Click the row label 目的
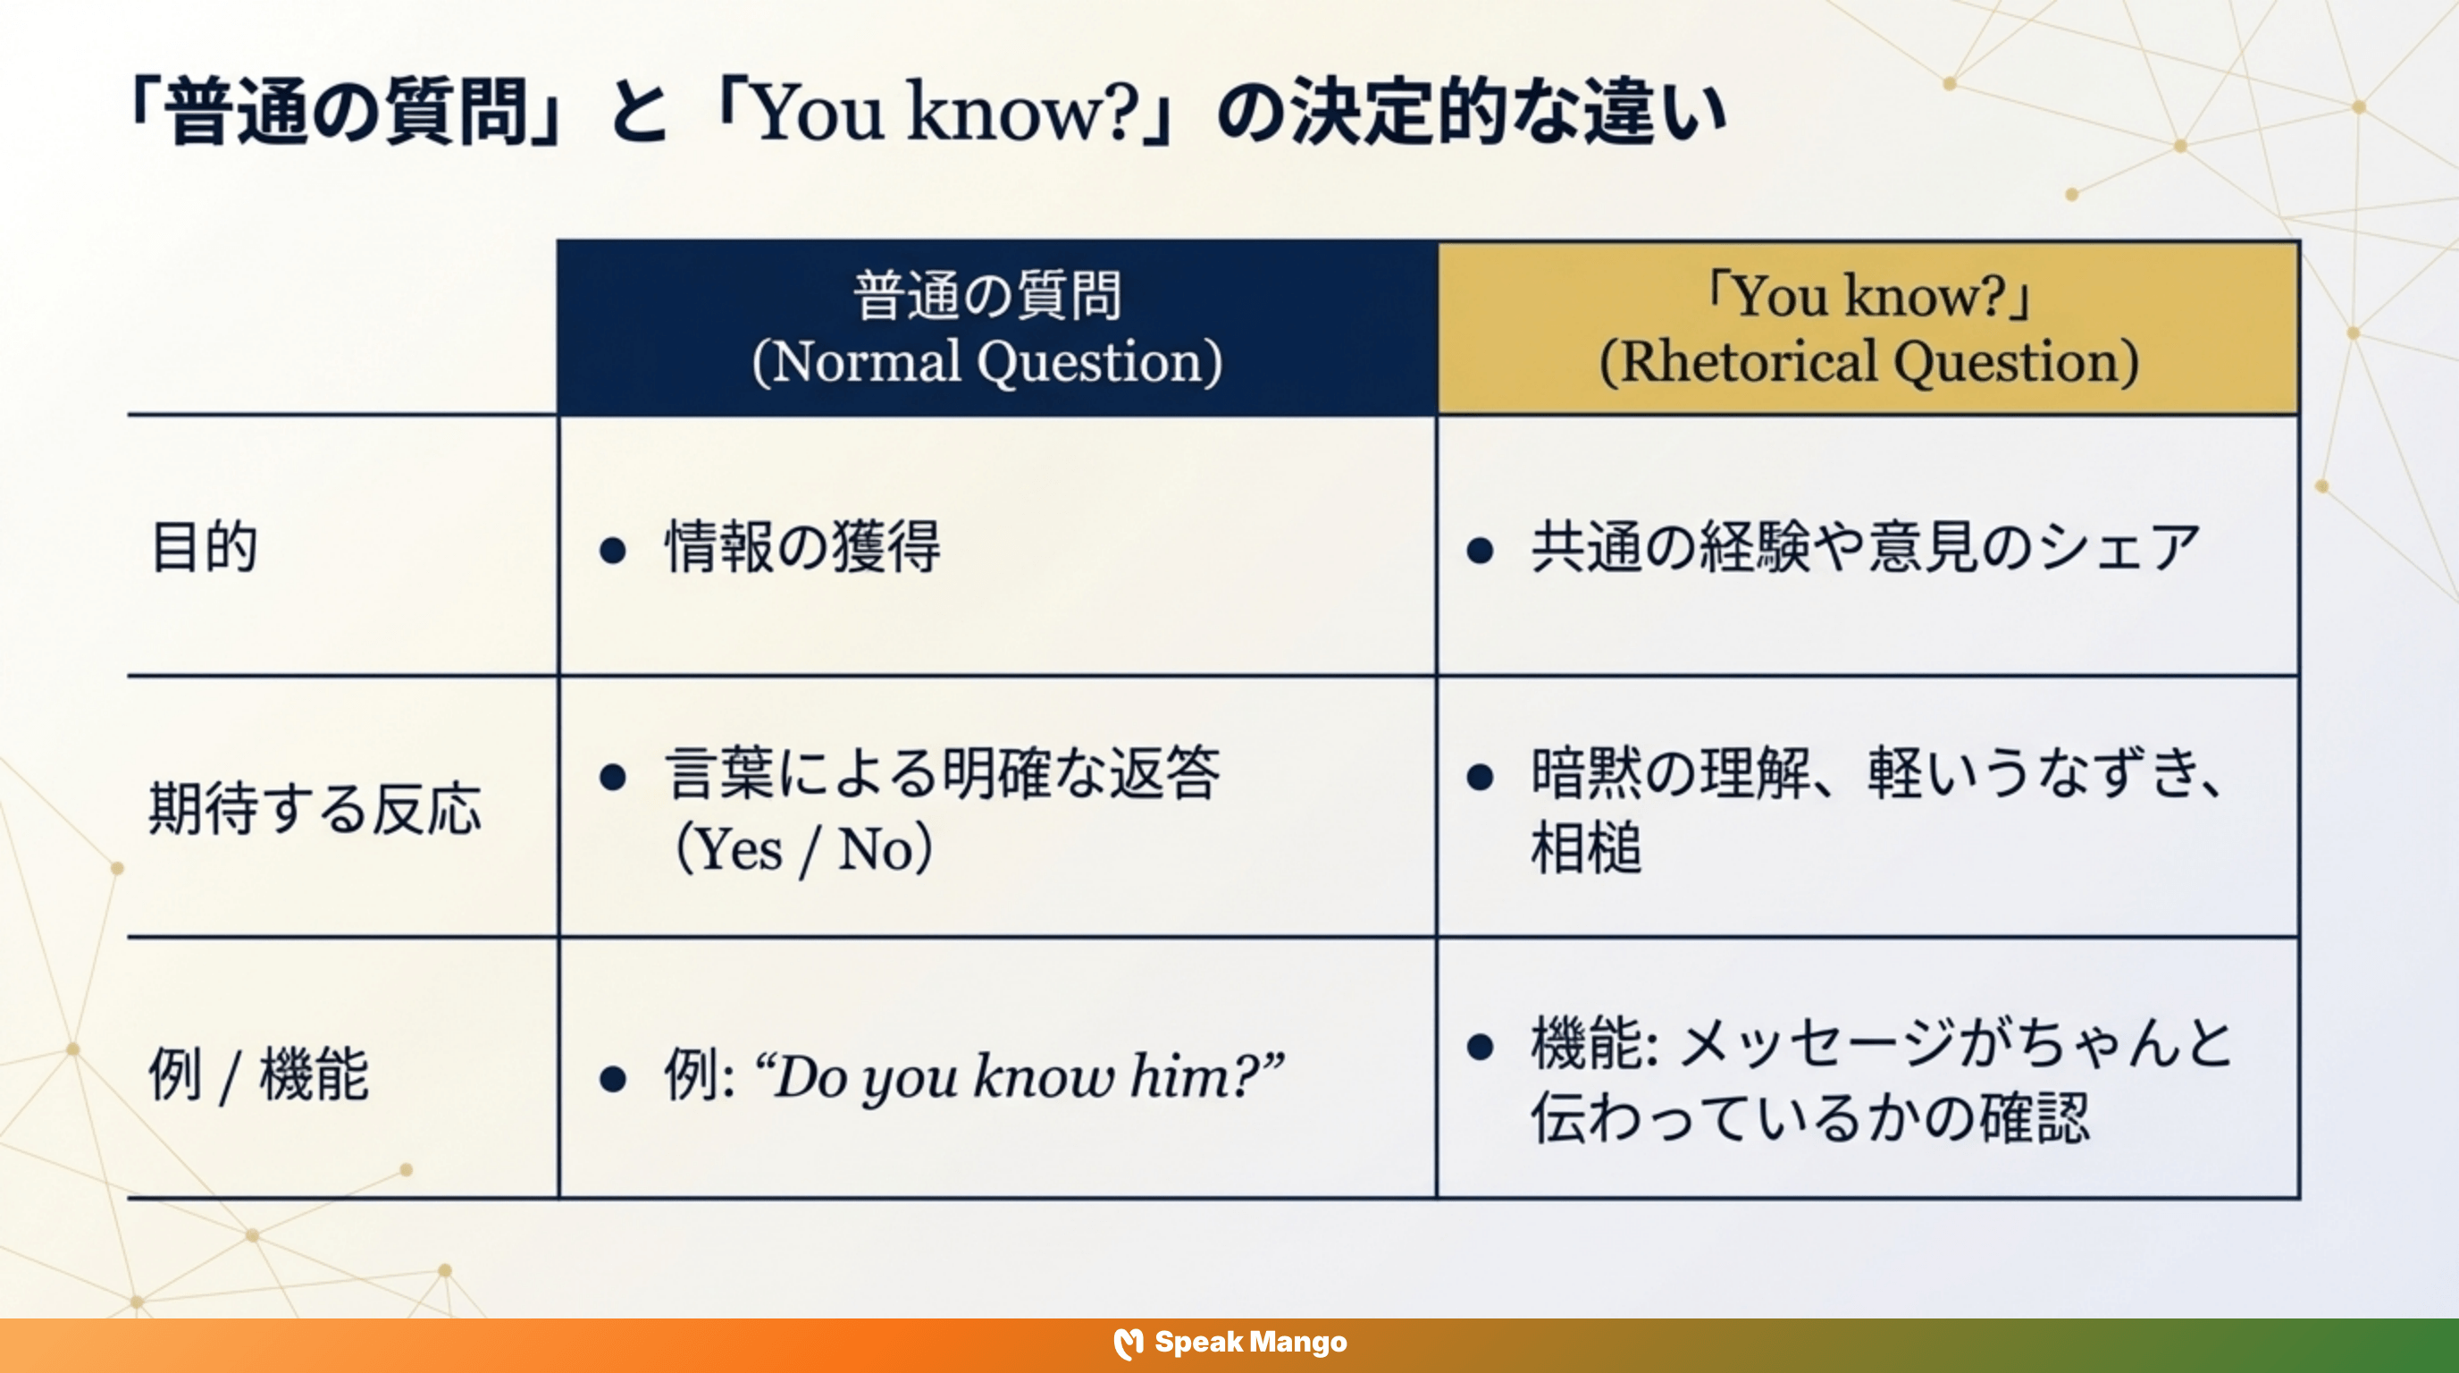point(206,547)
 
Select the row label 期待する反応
point(315,809)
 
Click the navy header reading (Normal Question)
point(987,362)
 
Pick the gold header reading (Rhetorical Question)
point(1868,362)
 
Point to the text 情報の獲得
point(802,547)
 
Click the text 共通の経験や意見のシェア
point(1866,547)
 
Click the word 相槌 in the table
point(1585,848)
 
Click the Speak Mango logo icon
point(1129,1344)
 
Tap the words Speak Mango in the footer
point(1251,1343)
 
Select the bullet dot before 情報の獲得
point(613,550)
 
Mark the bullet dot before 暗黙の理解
point(1480,777)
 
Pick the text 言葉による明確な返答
point(942,772)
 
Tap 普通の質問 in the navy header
point(987,295)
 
